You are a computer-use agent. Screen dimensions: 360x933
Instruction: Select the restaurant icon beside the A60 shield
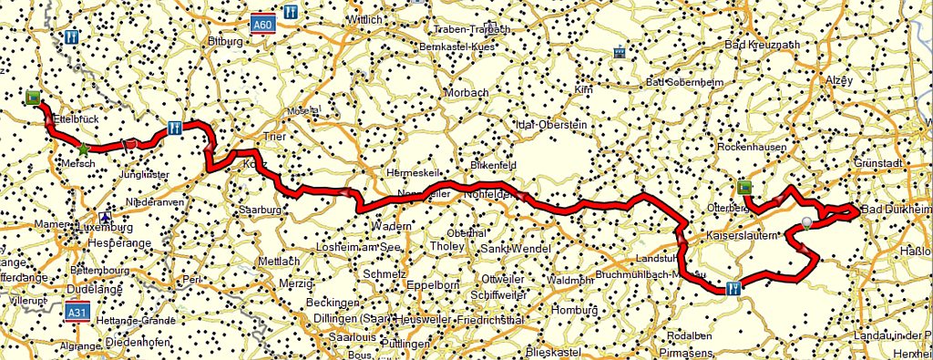[291, 13]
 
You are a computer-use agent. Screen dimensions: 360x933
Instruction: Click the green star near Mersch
[83, 149]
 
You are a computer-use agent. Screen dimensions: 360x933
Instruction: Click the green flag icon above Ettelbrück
[34, 98]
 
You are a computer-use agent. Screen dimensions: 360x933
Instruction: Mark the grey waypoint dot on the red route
[806, 222]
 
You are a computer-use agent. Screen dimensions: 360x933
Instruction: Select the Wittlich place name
[364, 18]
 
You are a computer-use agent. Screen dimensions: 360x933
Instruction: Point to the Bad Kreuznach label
[761, 44]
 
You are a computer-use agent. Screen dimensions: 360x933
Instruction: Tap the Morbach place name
[466, 92]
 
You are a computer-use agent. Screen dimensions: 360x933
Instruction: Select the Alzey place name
[837, 80]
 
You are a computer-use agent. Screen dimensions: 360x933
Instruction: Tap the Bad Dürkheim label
[897, 211]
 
